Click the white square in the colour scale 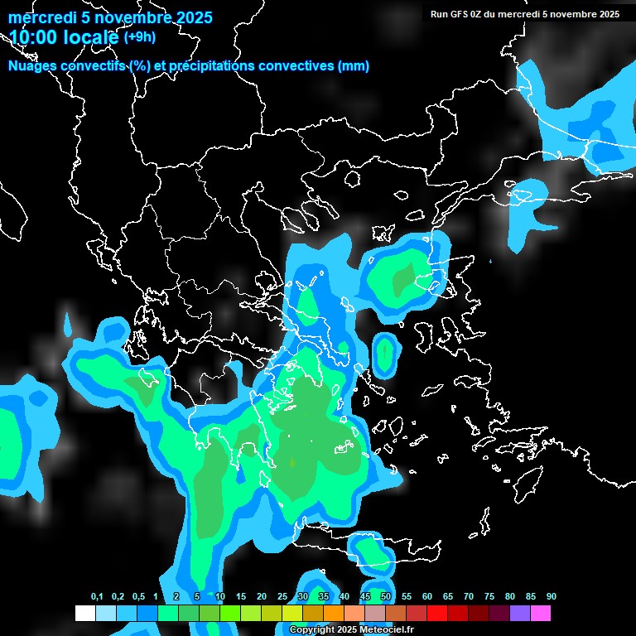pyautogui.click(x=84, y=613)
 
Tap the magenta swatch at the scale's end pyautogui.click(x=541, y=613)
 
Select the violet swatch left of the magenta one pyautogui.click(x=520, y=613)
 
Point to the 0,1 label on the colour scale pyautogui.click(x=97, y=596)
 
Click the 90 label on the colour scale pyautogui.click(x=552, y=596)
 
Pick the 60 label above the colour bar pyautogui.click(x=427, y=596)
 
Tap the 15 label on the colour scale pyautogui.click(x=241, y=596)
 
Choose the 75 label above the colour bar pyautogui.click(x=489, y=596)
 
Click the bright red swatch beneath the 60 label pyautogui.click(x=437, y=613)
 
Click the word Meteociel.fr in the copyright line pyautogui.click(x=386, y=630)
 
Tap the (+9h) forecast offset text pyautogui.click(x=139, y=36)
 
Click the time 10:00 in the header pyautogui.click(x=32, y=37)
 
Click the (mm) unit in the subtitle pyautogui.click(x=354, y=66)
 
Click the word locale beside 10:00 pyautogui.click(x=90, y=37)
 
